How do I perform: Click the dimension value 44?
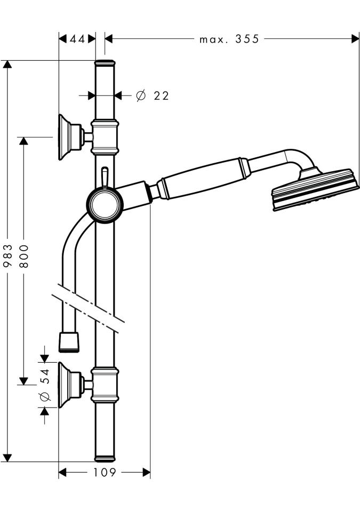pos(77,39)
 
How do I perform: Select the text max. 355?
pos(229,39)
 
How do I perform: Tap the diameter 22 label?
pos(153,96)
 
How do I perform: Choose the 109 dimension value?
pos(105,473)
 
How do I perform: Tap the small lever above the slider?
pos(105,177)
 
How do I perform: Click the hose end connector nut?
pos(68,341)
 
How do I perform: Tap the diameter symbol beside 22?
pos(140,96)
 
